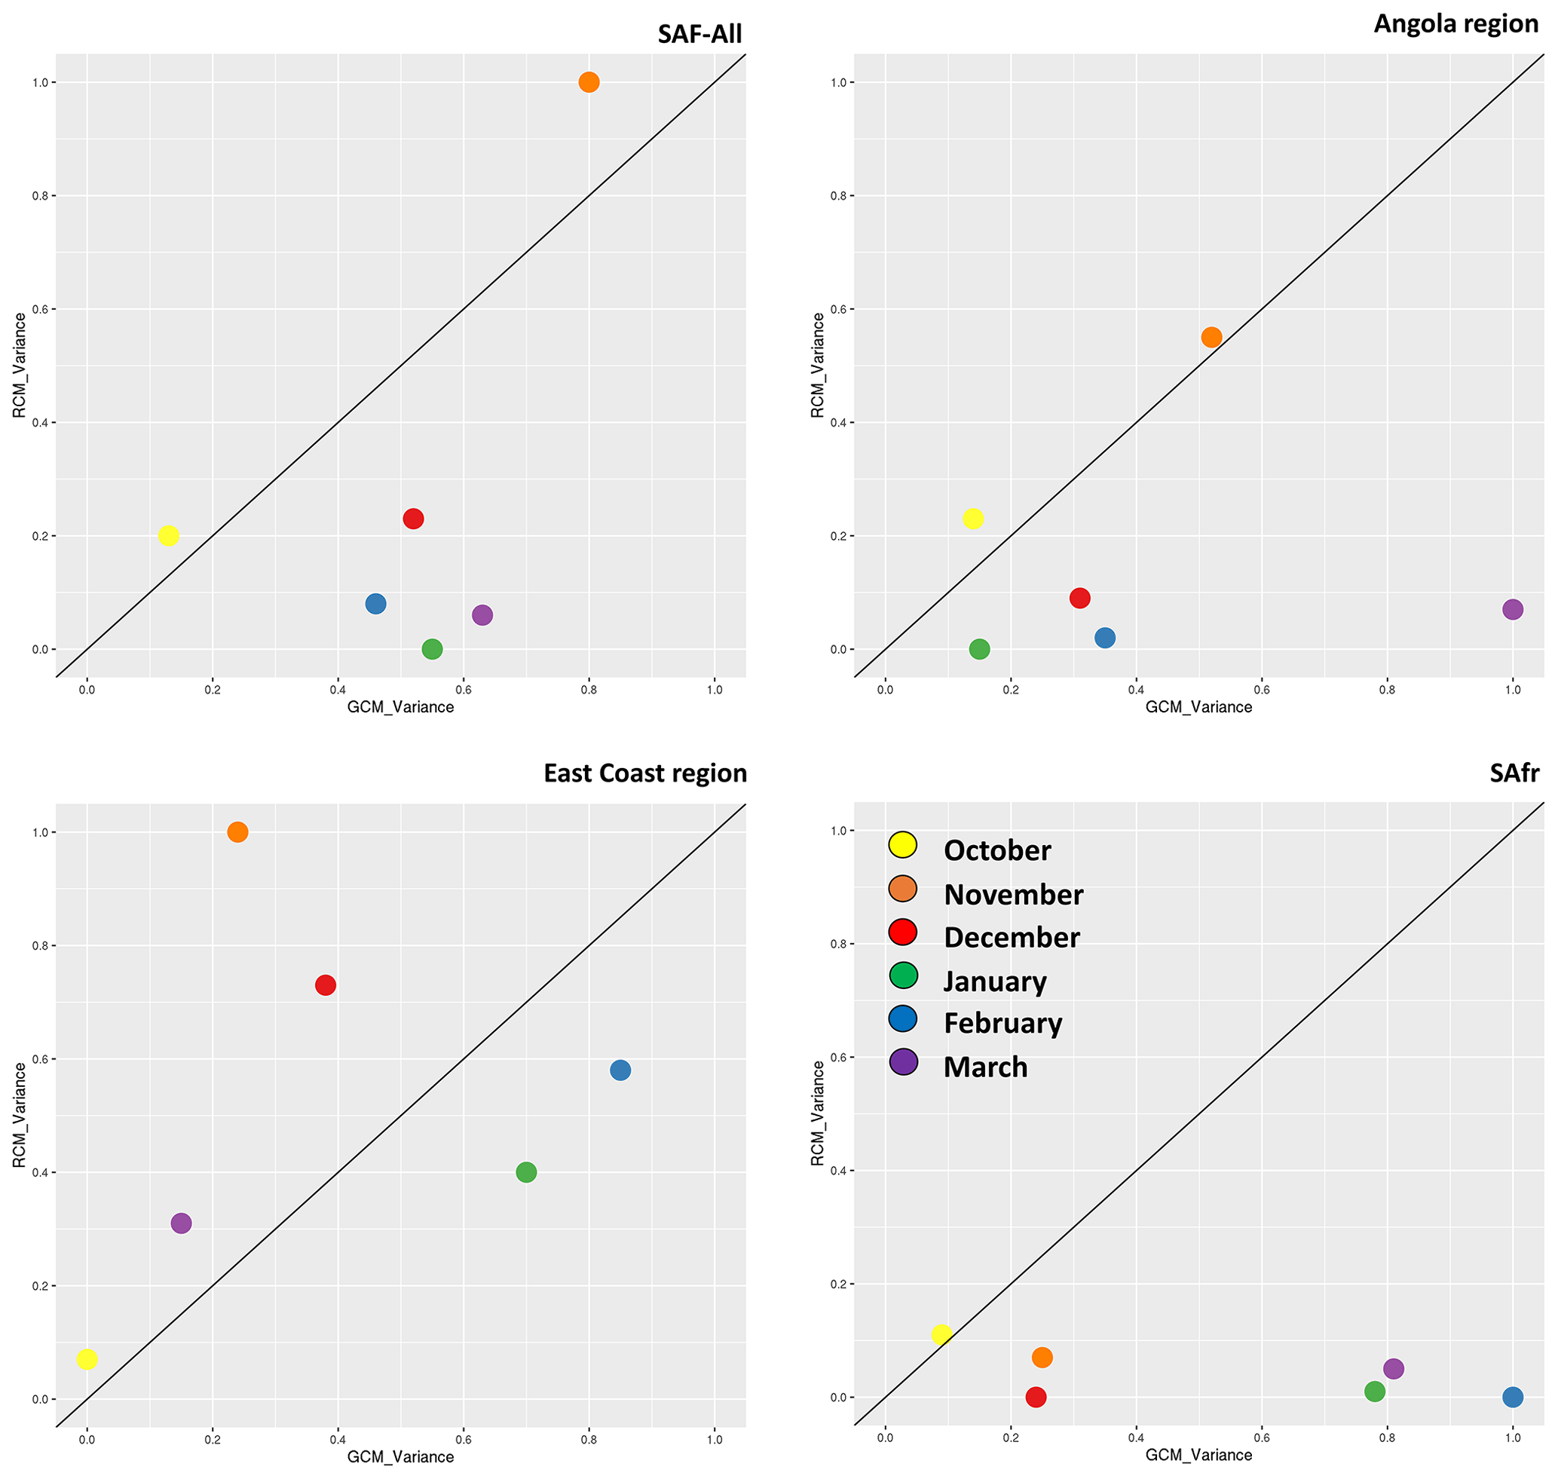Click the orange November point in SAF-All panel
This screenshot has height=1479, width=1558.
click(588, 82)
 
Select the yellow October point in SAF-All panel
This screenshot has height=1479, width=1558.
click(168, 536)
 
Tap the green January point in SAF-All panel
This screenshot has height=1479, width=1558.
click(432, 649)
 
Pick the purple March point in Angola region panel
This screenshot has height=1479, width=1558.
click(1512, 609)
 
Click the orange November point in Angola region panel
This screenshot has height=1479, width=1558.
click(1211, 338)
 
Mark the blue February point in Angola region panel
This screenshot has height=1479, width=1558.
click(1105, 638)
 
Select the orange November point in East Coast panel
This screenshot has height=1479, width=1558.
click(237, 831)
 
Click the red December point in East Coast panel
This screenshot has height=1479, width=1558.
click(326, 984)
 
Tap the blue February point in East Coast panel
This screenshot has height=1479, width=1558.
click(620, 1070)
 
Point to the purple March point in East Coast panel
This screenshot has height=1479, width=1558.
click(181, 1223)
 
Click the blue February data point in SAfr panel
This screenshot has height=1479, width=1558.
click(1512, 1397)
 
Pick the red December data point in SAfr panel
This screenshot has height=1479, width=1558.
click(1035, 1397)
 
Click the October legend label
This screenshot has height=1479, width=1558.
click(996, 850)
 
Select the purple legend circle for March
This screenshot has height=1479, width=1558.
click(903, 1062)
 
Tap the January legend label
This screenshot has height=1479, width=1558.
click(995, 981)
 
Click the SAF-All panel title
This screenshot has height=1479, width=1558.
click(699, 34)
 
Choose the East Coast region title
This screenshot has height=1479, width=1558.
click(645, 773)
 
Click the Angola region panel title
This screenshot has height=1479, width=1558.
click(1455, 23)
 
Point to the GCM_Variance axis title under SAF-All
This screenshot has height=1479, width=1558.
click(400, 707)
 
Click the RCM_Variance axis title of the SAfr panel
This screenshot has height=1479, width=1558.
click(818, 1113)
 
